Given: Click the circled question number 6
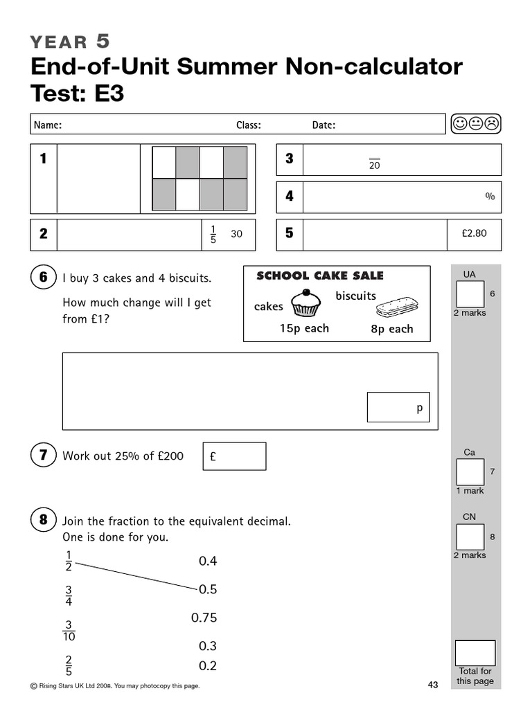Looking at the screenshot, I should pos(43,278).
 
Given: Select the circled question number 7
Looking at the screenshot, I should pos(43,456).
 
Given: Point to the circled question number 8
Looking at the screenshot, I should pos(43,520).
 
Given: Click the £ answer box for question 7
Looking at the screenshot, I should pos(234,456).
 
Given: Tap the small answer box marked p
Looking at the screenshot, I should pos(398,407).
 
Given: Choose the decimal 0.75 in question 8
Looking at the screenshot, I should pos(204,618).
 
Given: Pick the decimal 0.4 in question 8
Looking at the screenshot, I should pos(208,561).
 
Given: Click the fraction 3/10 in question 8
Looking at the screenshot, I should pos(69,630).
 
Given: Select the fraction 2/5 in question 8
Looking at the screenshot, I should pos(69,665).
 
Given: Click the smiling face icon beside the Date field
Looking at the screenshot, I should pos(459,124).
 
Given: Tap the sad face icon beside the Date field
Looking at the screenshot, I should pos(491,124).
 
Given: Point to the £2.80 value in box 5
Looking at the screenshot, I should pos(474,233).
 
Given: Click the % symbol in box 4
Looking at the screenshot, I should pos(490,197).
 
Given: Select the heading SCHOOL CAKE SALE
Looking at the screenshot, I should pos(319,276).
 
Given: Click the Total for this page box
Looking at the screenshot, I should pos(475,653).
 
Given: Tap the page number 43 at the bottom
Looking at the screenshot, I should pos(433,685).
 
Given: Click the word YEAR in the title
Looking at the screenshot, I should pos(59,42).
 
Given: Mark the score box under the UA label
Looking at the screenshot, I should pos(470,294).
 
